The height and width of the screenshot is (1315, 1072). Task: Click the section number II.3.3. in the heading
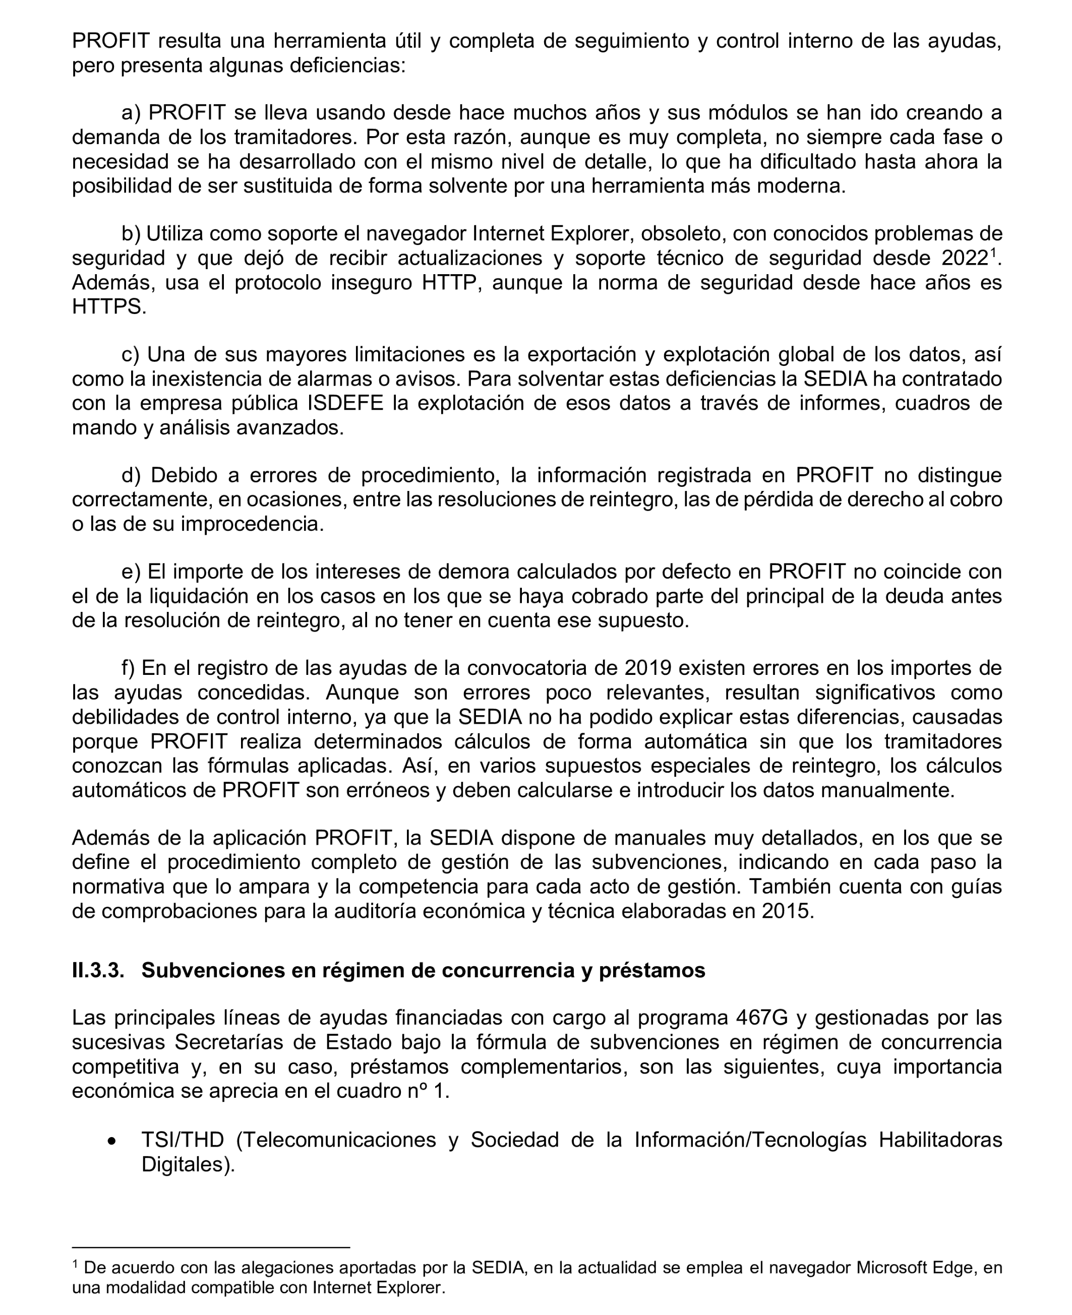(97, 971)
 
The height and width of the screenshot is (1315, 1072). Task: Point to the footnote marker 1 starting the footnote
(75, 1265)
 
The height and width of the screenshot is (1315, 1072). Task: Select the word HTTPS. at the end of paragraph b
(109, 306)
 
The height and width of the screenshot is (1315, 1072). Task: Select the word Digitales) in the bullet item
(188, 1164)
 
